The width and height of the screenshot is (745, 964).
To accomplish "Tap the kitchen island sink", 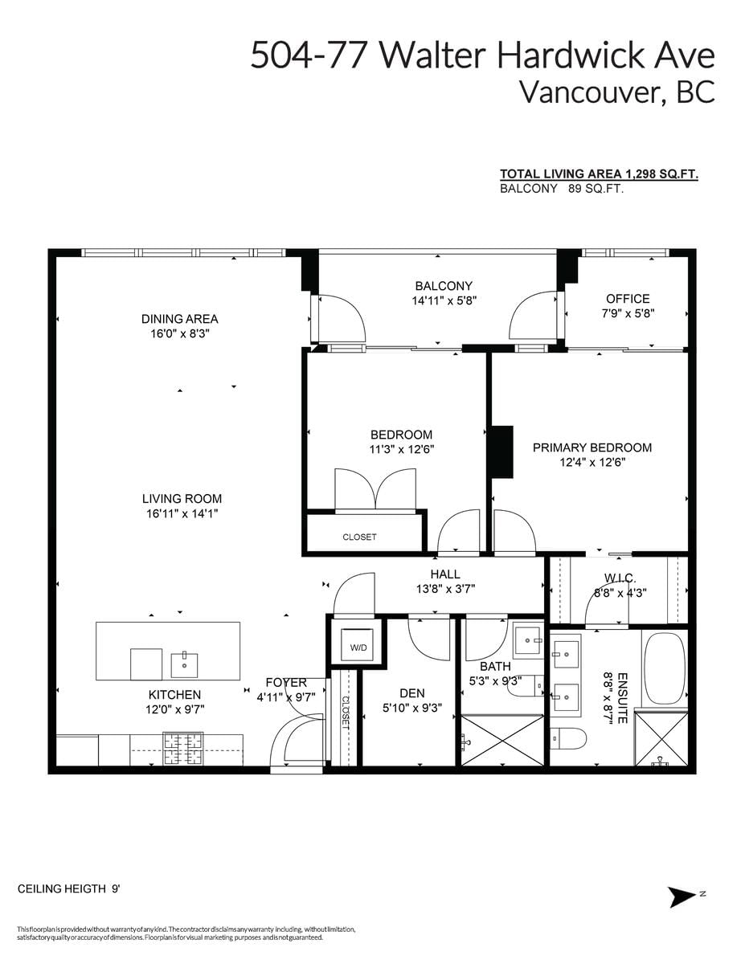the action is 184,664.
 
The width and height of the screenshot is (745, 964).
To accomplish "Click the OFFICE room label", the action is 628,299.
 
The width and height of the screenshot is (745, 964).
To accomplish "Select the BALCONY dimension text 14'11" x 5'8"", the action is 444,300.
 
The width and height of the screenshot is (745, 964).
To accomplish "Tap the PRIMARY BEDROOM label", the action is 592,447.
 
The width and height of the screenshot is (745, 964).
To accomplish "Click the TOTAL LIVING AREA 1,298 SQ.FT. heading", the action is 599,174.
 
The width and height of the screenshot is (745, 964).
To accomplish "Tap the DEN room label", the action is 412,693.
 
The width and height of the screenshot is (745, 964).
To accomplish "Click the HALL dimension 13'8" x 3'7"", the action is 445,589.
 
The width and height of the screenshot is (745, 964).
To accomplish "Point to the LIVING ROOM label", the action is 182,499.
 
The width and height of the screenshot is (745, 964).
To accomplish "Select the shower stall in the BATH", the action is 503,740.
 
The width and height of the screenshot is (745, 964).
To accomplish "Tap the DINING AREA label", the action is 180,319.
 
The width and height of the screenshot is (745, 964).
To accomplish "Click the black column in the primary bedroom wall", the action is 501,452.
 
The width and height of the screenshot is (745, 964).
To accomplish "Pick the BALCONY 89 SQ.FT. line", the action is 562,189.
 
